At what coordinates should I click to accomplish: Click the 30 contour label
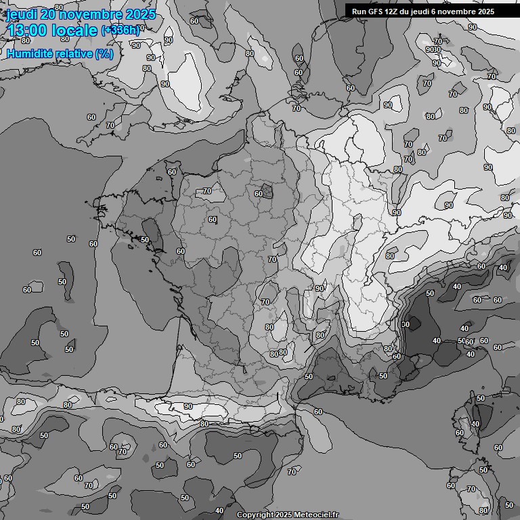click(x=406, y=325)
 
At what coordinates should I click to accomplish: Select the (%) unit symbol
click(x=104, y=53)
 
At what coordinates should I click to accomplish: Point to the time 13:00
click(x=30, y=30)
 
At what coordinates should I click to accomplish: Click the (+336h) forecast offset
click(x=121, y=30)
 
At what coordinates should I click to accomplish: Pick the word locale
click(x=77, y=30)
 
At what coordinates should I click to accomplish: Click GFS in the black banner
click(x=376, y=11)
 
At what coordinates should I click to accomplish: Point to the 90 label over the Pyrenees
click(x=188, y=406)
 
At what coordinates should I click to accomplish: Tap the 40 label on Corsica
click(x=475, y=424)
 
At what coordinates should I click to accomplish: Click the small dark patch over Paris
click(x=268, y=192)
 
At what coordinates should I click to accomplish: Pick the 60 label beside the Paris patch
click(x=258, y=194)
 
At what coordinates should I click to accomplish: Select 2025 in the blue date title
click(x=139, y=14)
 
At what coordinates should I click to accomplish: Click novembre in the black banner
click(x=459, y=11)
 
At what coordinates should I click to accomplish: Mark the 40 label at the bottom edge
click(x=219, y=511)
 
